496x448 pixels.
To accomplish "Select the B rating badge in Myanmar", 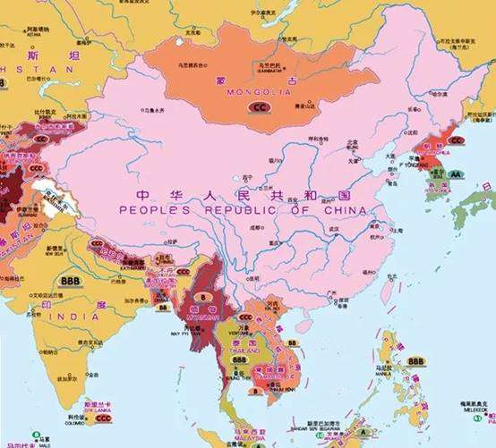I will tap(202, 294).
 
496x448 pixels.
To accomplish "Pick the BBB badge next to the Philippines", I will tap(415, 361).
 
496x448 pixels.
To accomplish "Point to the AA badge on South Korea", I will tap(456, 174).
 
